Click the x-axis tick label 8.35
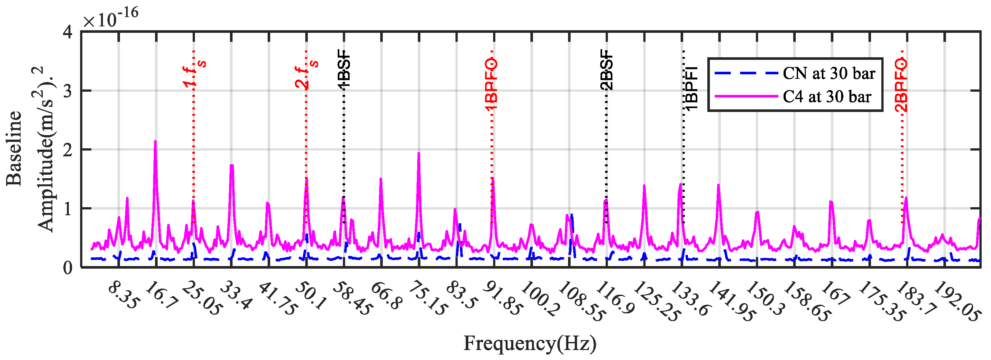click(122, 296)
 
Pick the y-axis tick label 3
click(68, 91)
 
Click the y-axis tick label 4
click(68, 32)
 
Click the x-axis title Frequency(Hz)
click(530, 344)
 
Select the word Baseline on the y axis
click(14, 148)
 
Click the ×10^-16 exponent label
click(111, 18)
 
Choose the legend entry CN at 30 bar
click(829, 73)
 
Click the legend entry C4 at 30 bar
click(827, 96)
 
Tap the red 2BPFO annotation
click(901, 85)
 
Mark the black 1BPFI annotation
click(691, 89)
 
